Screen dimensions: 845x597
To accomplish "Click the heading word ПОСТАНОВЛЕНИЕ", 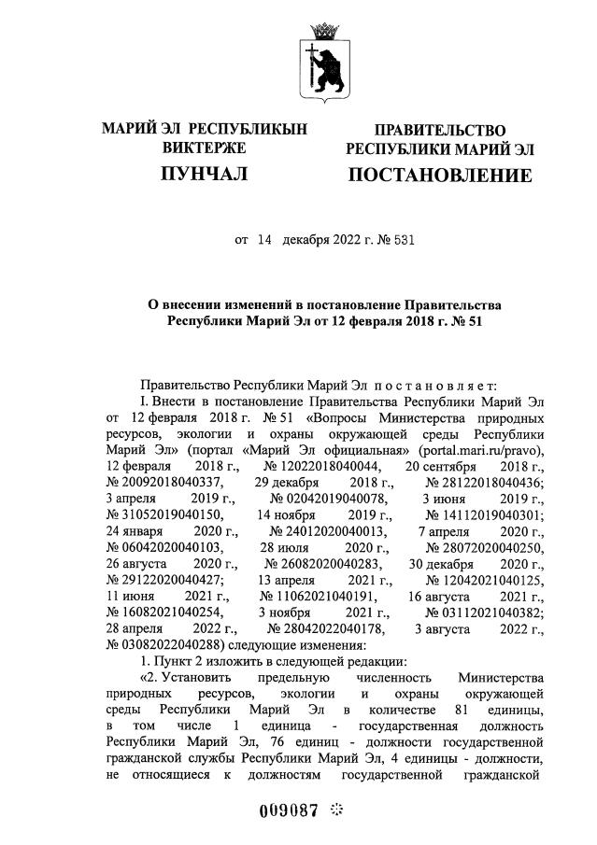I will tap(440, 176).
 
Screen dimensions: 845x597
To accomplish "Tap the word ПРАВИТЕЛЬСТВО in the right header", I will tap(440, 130).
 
